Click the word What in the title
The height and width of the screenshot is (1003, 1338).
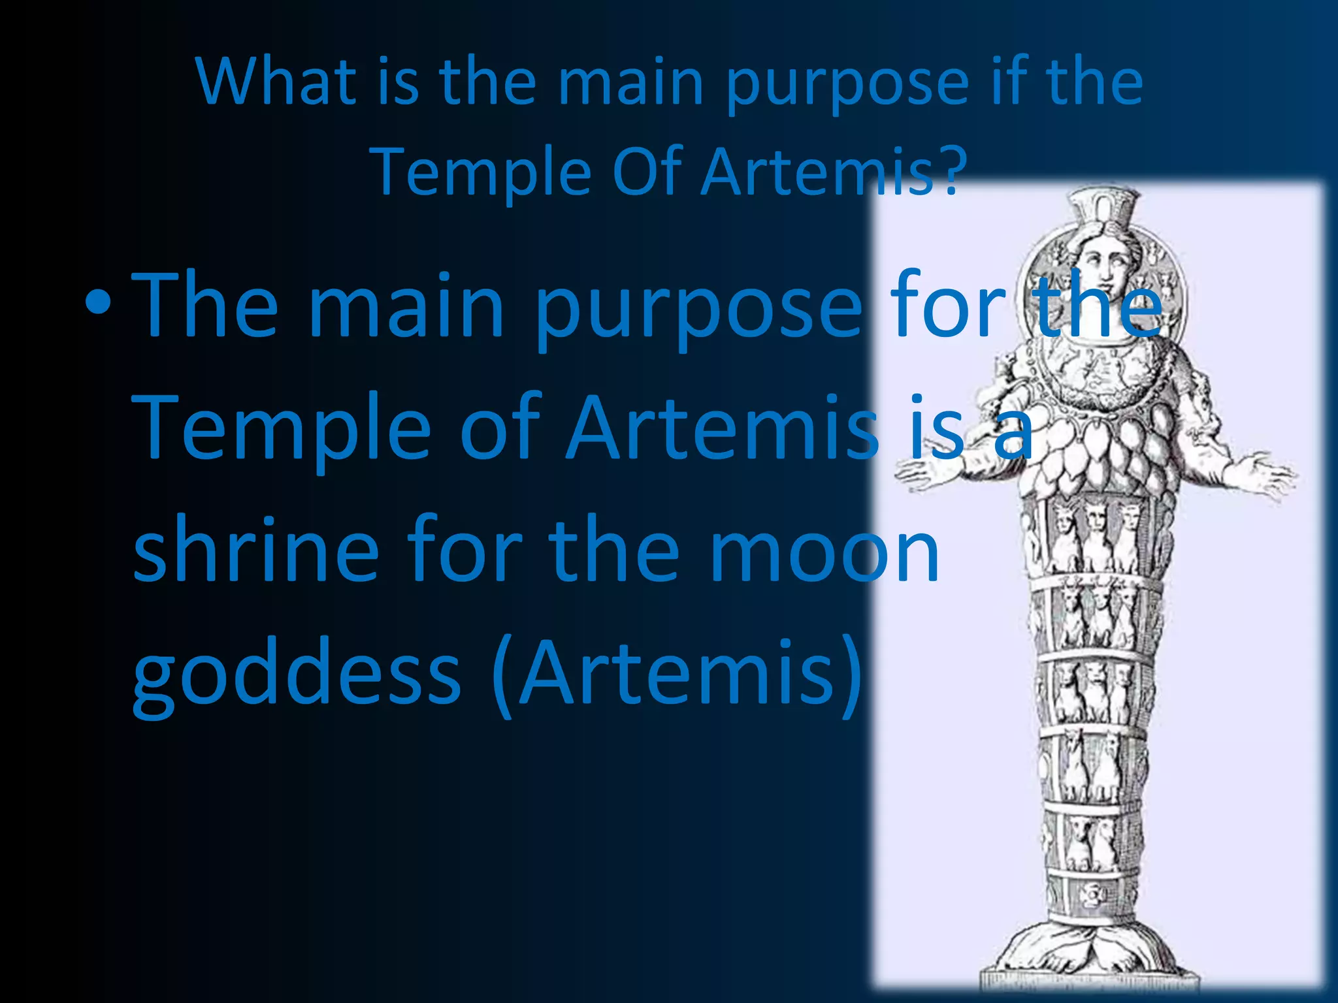(x=275, y=82)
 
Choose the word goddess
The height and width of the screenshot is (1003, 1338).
(x=297, y=676)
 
